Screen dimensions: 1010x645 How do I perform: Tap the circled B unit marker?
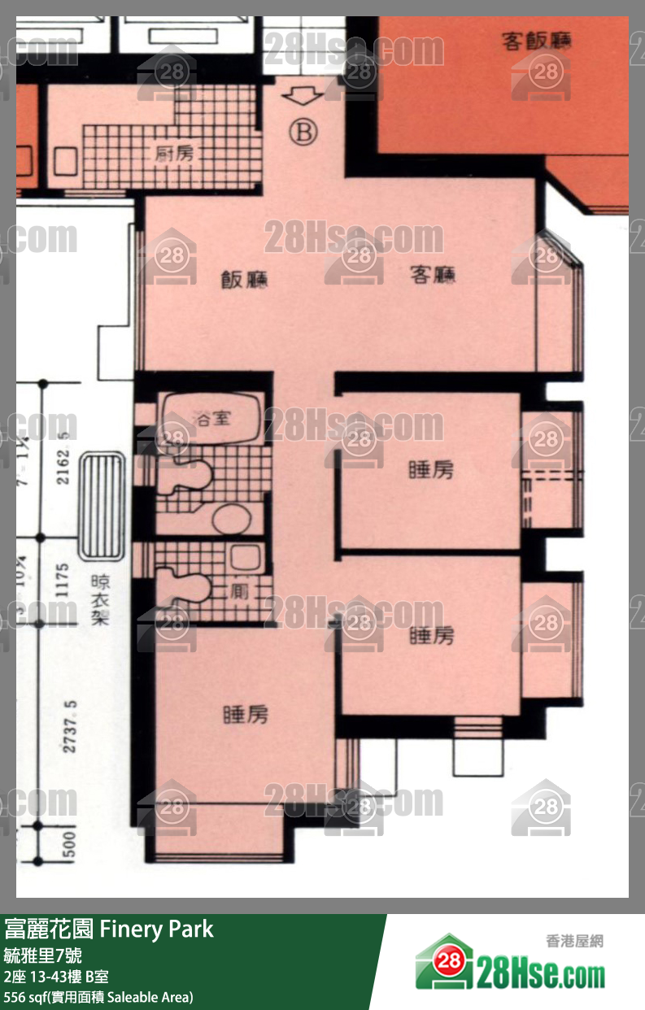coord(303,131)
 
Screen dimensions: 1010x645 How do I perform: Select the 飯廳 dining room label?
coord(245,281)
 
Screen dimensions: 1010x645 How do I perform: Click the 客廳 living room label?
coord(432,276)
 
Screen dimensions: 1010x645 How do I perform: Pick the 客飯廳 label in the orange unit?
coord(537,41)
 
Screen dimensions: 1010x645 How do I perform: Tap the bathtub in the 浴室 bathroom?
coord(211,419)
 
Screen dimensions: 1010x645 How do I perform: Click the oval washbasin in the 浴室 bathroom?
coord(230,517)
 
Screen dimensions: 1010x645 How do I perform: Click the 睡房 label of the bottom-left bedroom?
coord(245,715)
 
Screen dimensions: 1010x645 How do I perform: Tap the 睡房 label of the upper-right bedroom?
coord(430,470)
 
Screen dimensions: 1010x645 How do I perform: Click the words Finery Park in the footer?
coord(156,929)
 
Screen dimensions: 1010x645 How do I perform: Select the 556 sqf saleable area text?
coord(98,996)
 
